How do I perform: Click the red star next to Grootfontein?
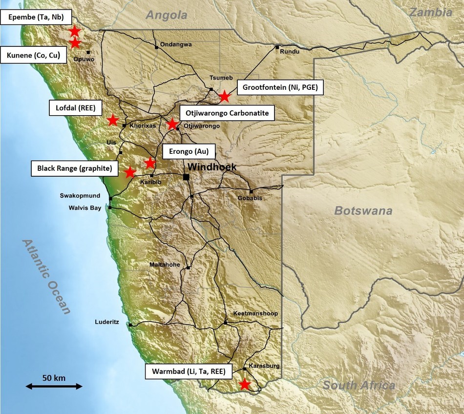pos(224,96)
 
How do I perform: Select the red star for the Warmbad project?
pos(245,384)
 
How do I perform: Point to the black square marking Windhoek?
pos(187,177)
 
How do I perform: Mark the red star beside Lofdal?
pos(112,120)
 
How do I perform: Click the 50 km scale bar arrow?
pos(54,386)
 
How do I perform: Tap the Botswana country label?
pos(363,211)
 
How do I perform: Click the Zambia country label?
pos(430,13)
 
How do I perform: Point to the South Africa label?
pos(359,386)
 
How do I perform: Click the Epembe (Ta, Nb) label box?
pos(36,18)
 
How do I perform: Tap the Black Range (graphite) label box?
pos(77,169)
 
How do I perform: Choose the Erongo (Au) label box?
pos(188,151)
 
